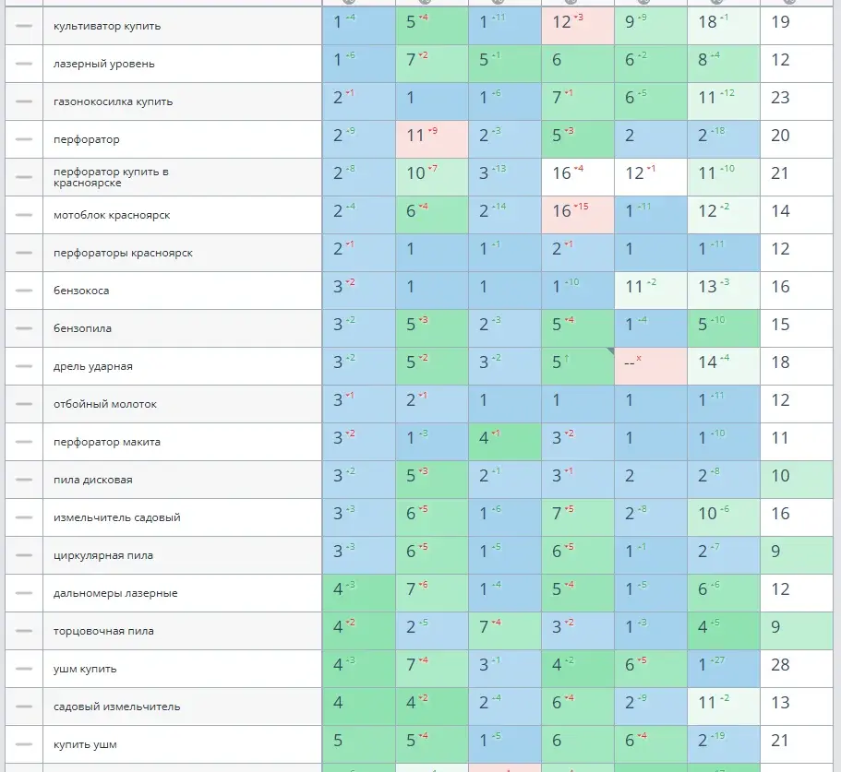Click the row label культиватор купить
tap(107, 26)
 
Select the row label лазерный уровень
tap(104, 64)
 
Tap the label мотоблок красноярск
tap(112, 215)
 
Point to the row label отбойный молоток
tap(105, 404)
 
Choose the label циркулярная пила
tap(103, 555)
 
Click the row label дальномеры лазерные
tap(115, 593)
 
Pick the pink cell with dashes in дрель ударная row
tap(650, 366)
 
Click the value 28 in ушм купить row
tap(781, 668)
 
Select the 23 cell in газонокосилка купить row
tap(781, 101)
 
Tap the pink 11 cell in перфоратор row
tap(431, 138)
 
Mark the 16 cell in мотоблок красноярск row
tap(577, 214)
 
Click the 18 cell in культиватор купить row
tap(723, 25)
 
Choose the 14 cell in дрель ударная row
tap(723, 365)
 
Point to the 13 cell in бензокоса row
tap(723, 290)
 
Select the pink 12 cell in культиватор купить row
tap(577, 25)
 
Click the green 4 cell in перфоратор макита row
tap(504, 441)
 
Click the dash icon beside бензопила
tap(24, 328)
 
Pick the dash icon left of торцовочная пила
tap(24, 631)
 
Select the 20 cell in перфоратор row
tap(781, 138)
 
